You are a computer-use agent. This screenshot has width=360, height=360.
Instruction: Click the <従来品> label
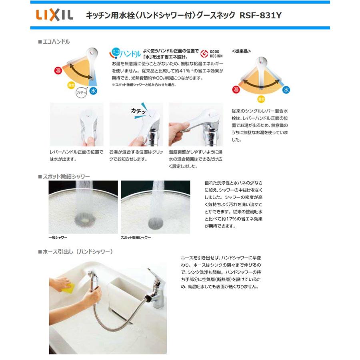tap(241, 52)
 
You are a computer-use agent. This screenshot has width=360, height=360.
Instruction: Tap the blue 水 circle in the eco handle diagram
tap(93, 91)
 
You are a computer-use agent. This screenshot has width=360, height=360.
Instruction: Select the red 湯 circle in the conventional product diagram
tap(236, 88)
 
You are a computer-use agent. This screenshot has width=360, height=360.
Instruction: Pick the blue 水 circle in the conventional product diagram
tap(286, 90)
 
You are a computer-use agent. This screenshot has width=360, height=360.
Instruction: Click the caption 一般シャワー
tap(58, 238)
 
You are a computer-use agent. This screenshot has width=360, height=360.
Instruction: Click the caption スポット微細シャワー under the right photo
tap(136, 238)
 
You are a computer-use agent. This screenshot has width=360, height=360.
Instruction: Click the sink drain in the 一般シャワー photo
tap(84, 220)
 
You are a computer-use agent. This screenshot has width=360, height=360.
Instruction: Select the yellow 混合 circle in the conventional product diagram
tap(261, 98)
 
